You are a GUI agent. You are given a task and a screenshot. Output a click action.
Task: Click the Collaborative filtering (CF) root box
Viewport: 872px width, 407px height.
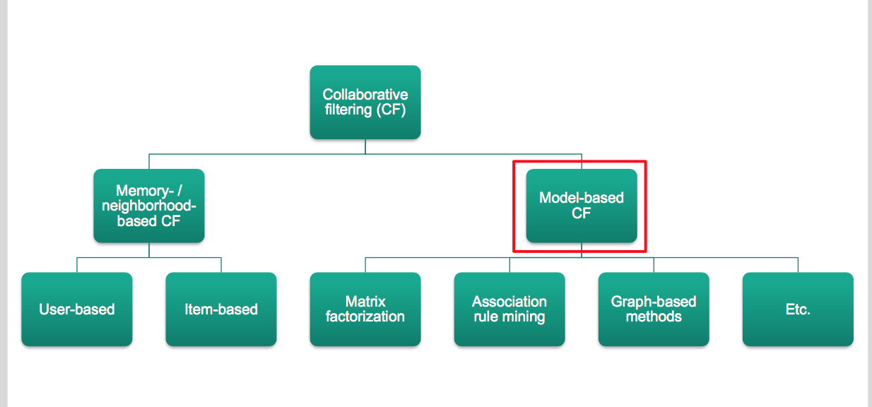point(365,102)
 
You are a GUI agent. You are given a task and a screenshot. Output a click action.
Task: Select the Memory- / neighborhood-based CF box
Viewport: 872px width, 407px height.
point(148,206)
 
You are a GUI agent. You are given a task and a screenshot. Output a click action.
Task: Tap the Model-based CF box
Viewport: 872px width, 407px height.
point(581,206)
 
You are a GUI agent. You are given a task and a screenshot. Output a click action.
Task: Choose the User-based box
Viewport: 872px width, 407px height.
point(76,309)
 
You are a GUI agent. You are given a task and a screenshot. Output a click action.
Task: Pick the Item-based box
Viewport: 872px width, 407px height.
point(220,309)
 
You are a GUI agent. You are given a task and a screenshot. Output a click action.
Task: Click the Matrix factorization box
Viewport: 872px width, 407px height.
point(365,309)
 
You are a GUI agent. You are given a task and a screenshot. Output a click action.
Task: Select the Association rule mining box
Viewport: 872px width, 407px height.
point(509,309)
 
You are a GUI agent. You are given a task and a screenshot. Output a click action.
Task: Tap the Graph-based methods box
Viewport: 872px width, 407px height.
point(654,309)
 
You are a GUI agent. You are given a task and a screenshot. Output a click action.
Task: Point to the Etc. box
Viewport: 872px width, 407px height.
point(798,309)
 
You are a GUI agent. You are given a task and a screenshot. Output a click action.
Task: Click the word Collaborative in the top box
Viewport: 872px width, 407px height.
point(365,95)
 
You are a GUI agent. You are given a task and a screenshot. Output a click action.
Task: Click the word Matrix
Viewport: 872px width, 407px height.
point(365,302)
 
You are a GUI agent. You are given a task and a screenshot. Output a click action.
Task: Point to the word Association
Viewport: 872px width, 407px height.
point(509,302)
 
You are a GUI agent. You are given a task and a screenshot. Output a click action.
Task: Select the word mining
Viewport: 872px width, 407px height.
point(524,317)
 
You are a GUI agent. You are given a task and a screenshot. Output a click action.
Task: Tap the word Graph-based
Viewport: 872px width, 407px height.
point(654,302)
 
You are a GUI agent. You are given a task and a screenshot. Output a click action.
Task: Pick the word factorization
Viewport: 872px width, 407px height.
point(365,317)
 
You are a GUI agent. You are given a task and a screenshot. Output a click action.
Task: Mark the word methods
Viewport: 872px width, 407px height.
point(654,317)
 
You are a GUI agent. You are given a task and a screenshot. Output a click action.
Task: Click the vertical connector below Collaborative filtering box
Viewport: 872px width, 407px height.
point(365,146)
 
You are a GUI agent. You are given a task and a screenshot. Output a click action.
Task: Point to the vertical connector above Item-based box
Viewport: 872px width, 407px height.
point(221,265)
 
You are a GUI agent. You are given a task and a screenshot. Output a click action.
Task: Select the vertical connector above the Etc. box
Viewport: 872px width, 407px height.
point(798,265)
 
